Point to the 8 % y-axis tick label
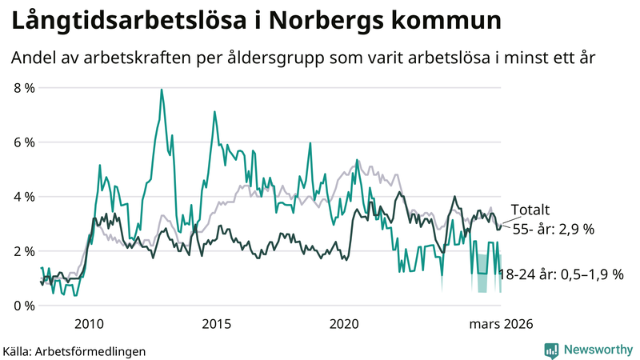click(24, 88)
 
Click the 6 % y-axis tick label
click(24, 142)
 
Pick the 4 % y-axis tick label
click(24, 197)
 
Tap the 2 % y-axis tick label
click(24, 251)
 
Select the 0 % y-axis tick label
click(24, 306)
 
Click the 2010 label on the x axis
click(88, 324)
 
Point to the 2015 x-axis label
click(216, 324)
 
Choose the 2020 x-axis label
click(344, 324)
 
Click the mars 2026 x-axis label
click(501, 324)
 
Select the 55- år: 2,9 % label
click(553, 230)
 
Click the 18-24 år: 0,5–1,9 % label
click(560, 274)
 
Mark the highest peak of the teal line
click(162, 90)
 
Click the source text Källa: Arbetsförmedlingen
click(74, 350)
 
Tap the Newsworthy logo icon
click(551, 350)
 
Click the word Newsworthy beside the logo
click(597, 350)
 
